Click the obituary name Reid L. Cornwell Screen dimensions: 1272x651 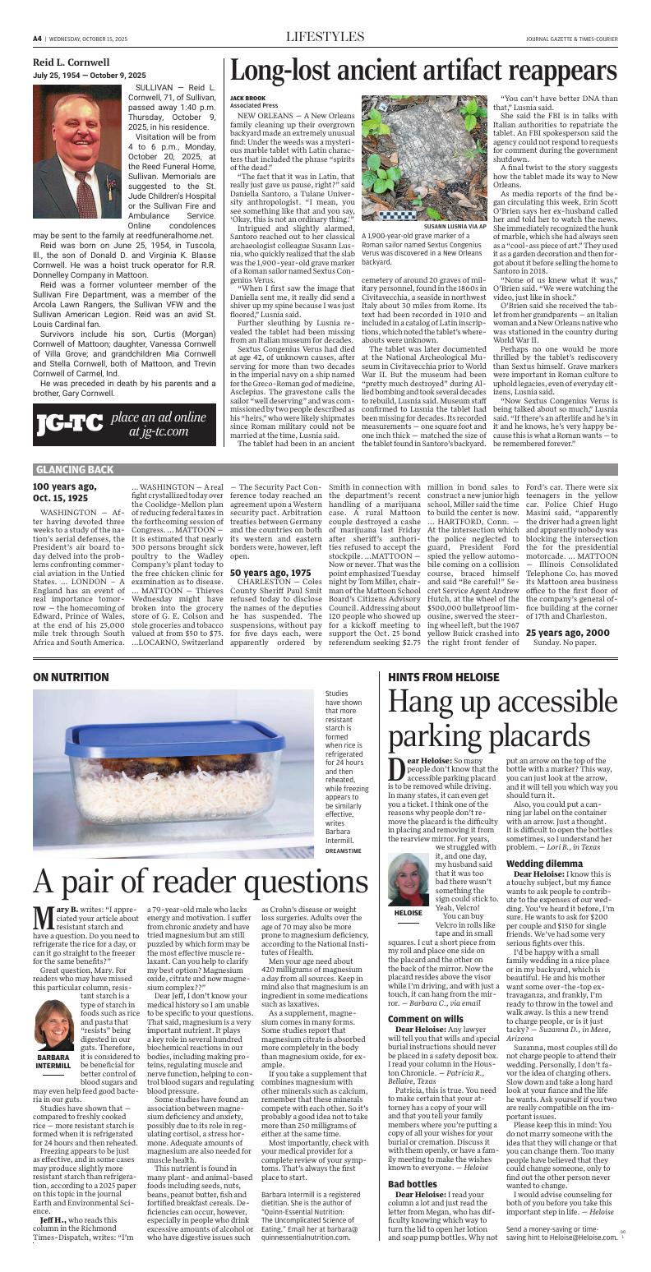[x=71, y=62]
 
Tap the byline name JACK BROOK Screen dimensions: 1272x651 [x=247, y=98]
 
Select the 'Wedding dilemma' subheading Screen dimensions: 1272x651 [x=540, y=864]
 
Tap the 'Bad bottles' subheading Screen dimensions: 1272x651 [x=412, y=1160]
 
